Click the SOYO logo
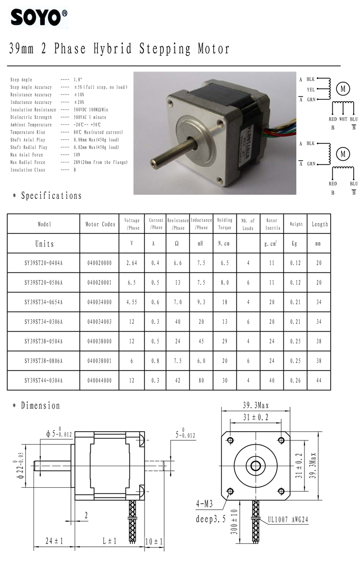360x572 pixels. pos(39,17)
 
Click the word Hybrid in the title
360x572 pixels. pos(113,48)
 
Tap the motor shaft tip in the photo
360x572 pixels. pos(155,163)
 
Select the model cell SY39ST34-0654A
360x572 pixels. pos(43,302)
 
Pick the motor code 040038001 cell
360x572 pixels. pos(99,361)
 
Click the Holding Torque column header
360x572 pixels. pos(225,224)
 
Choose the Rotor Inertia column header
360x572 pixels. pos(272,224)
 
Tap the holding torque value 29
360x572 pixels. pos(225,341)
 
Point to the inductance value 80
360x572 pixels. pos(201,380)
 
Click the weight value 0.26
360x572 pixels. pos(295,380)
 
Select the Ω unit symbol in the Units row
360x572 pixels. pos(177,243)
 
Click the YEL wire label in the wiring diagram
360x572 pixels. pos(311,89)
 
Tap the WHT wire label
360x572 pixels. pos(343,119)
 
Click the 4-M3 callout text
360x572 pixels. pos(204,504)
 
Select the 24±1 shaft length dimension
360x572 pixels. pos(54,541)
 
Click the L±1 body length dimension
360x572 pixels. pos(110,541)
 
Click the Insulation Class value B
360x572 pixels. pos(75,170)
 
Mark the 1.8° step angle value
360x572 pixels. pos(78,80)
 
